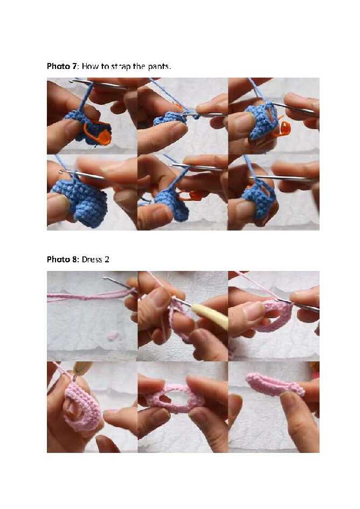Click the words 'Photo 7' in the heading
tap(62, 66)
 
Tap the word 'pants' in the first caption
tap(158, 67)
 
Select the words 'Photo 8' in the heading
tap(62, 259)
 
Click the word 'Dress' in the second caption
tap(92, 259)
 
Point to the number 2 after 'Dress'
tap(106, 259)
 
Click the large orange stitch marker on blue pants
tap(99, 133)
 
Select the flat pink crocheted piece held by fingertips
tap(274, 384)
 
